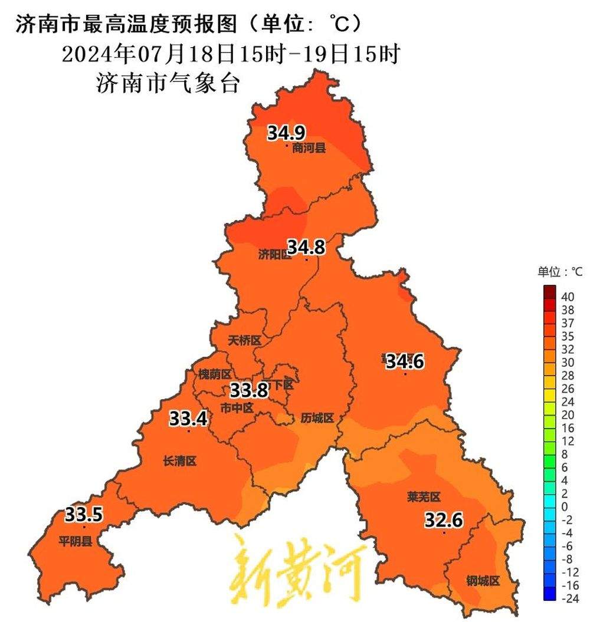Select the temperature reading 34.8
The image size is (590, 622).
[306, 247]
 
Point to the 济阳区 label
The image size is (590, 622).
[274, 255]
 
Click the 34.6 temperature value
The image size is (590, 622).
[405, 361]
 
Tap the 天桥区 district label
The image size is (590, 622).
[244, 341]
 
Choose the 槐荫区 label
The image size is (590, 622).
[215, 374]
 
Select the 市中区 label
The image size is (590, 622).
[237, 407]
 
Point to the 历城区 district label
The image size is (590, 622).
[317, 418]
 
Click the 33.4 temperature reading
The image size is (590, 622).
[188, 419]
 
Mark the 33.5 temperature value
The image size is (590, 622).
[84, 515]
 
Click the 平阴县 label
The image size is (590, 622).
[75, 541]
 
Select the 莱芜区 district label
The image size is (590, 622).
[424, 497]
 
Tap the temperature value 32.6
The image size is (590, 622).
[444, 520]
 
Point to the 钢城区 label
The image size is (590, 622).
[483, 581]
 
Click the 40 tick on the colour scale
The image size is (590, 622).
[567, 297]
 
